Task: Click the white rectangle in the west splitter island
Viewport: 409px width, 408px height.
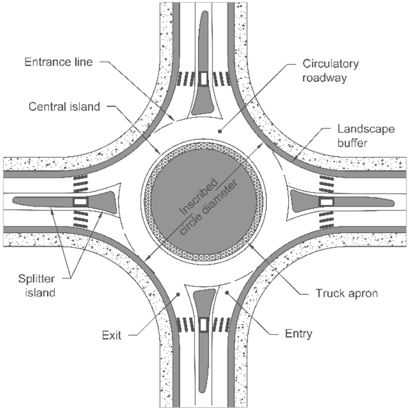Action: (x=81, y=201)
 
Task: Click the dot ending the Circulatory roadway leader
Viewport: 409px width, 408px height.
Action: (x=220, y=131)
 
